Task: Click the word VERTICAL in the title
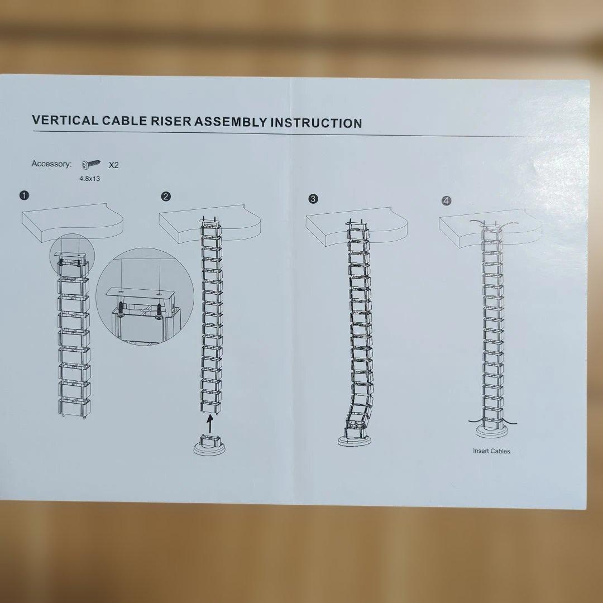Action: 65,120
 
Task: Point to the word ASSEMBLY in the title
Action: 230,122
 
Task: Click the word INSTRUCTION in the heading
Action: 316,123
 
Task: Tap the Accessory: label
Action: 51,164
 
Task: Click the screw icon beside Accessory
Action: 92,164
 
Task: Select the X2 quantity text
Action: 113,165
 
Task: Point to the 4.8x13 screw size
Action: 89,179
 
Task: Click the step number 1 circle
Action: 24,195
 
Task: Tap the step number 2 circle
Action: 166,197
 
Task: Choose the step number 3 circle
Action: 313,199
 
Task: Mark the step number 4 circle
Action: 446,201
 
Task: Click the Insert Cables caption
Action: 491,451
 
